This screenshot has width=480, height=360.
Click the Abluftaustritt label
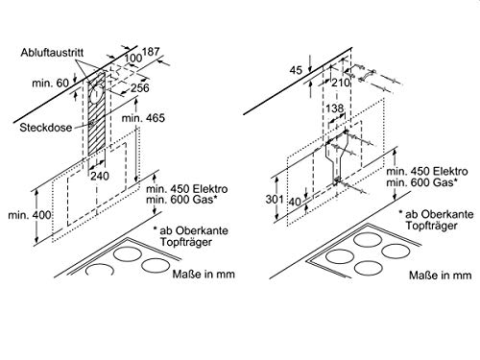(52, 53)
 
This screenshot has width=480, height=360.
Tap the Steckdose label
(46, 128)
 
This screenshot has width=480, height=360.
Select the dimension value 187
(151, 51)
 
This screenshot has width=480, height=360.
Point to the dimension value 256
(140, 87)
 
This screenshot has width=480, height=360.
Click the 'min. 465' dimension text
(143, 118)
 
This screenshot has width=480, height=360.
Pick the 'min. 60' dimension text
(50, 84)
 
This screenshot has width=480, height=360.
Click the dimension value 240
(100, 176)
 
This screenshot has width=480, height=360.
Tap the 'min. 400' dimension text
(30, 215)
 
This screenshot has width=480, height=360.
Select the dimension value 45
(296, 70)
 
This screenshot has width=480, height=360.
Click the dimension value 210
(341, 83)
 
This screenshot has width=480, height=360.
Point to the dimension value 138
(335, 108)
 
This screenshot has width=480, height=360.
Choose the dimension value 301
(275, 200)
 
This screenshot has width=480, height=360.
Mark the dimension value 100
(132, 58)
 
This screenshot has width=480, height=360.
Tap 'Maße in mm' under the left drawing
(204, 274)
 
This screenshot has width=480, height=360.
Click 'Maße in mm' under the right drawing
(440, 275)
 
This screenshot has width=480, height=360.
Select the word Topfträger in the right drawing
(432, 226)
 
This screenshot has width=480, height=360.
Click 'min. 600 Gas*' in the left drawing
(182, 200)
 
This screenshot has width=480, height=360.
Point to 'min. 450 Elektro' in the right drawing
(427, 171)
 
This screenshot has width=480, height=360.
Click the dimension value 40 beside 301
(295, 202)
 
